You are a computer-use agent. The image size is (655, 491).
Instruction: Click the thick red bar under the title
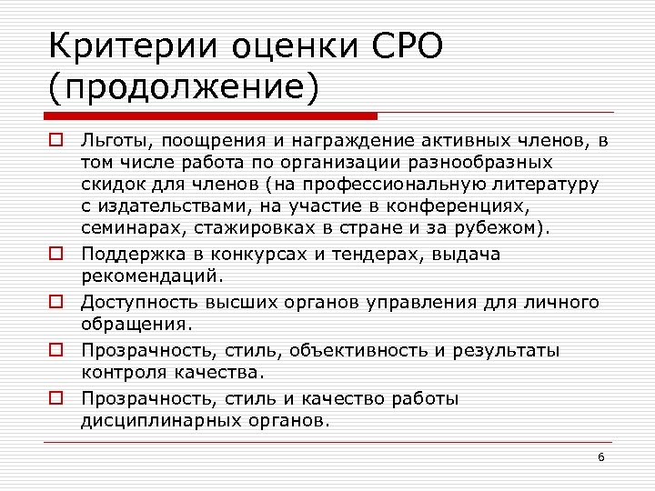click(210, 116)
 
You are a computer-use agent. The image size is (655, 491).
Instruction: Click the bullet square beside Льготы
click(55, 141)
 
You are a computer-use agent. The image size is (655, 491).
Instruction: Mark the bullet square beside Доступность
click(55, 303)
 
